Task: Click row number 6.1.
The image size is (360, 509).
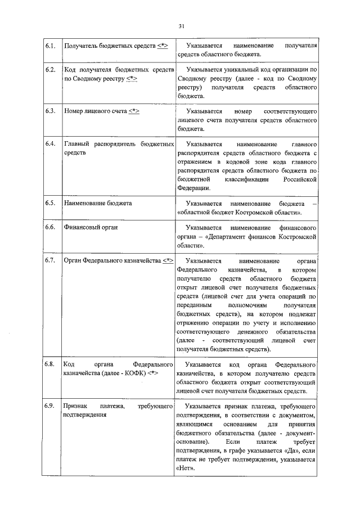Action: (x=49, y=45)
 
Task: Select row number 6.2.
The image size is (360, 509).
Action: (x=49, y=69)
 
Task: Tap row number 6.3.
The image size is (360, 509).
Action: (x=49, y=111)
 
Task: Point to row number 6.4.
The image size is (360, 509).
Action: (x=49, y=145)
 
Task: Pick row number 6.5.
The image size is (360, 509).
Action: (x=49, y=203)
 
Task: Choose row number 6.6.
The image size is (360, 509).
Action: (x=49, y=228)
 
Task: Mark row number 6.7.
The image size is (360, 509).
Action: (x=49, y=262)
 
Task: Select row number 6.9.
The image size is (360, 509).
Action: (x=49, y=406)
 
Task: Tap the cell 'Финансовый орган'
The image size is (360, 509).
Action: (x=91, y=228)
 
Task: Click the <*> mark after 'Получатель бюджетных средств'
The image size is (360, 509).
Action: (x=163, y=45)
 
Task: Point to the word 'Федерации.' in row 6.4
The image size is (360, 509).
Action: (x=194, y=188)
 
